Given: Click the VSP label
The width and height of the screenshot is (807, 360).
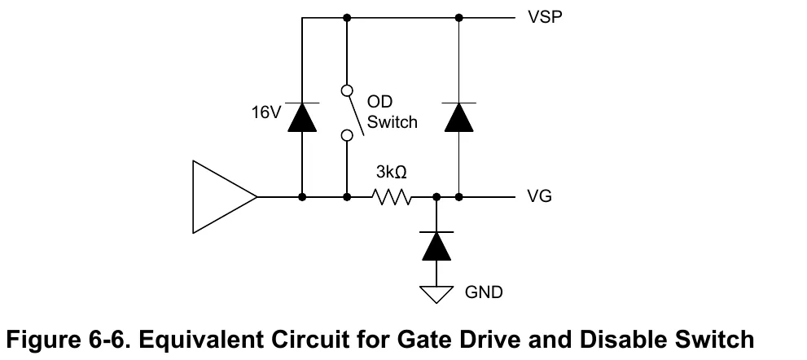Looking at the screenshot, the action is [545, 17].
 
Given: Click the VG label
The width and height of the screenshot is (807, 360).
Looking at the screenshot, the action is [539, 196].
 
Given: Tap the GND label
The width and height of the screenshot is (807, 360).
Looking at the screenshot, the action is [483, 292].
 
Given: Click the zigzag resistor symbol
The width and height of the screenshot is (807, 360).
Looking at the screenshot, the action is [392, 197].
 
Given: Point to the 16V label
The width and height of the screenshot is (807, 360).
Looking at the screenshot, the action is [266, 112].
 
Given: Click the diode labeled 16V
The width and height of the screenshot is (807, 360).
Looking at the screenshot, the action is [302, 117].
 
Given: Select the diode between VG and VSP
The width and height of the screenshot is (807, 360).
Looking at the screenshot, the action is [458, 117].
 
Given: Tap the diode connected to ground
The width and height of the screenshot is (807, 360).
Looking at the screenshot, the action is [436, 246].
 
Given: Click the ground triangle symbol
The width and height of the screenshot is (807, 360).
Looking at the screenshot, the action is [436, 294].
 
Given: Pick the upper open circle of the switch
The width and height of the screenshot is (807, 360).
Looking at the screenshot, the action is [347, 91].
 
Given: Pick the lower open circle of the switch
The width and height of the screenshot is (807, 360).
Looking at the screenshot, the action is [347, 135].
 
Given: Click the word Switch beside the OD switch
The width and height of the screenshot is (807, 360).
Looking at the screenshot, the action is [393, 122].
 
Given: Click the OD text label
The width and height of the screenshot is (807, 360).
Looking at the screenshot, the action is [379, 101].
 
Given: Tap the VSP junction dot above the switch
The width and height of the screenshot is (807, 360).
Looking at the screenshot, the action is [347, 18].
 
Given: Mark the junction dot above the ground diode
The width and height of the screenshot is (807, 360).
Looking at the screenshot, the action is [436, 197].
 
